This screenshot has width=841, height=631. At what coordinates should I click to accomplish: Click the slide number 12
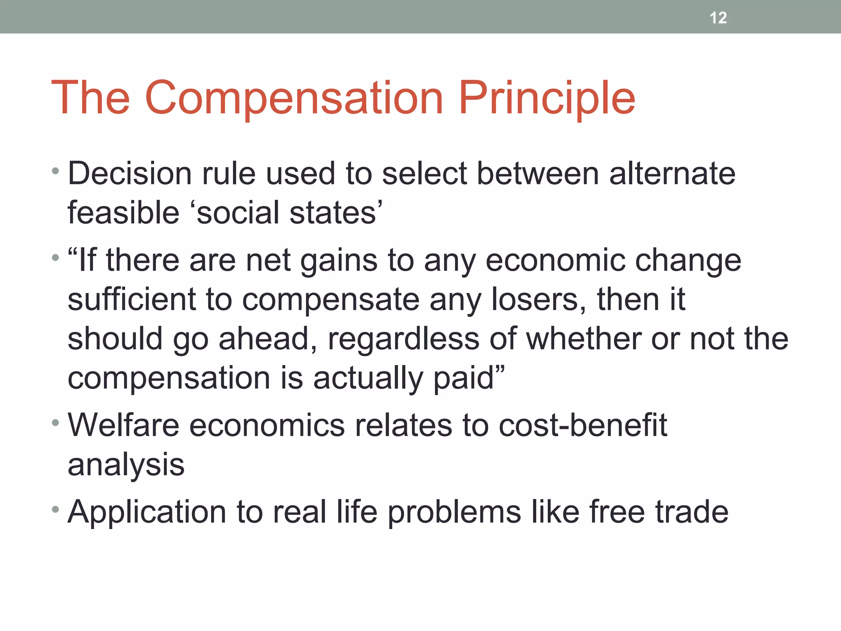(x=718, y=18)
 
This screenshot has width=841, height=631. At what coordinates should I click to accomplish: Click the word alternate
(x=672, y=174)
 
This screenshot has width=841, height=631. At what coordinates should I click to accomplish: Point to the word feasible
(x=123, y=213)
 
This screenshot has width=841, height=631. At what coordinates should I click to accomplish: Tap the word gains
(x=339, y=261)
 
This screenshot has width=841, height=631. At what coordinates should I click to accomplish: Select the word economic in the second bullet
(x=555, y=261)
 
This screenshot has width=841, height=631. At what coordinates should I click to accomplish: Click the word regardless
(x=403, y=339)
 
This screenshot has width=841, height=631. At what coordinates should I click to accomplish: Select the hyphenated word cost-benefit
(x=583, y=425)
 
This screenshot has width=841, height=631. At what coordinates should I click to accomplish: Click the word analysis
(x=126, y=465)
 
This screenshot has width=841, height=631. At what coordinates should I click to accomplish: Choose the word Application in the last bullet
(x=147, y=512)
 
